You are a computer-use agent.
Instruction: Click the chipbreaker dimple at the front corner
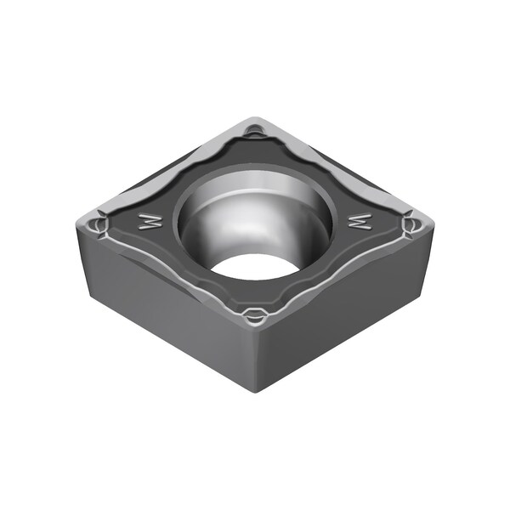254,318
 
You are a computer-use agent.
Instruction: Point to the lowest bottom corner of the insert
253,393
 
